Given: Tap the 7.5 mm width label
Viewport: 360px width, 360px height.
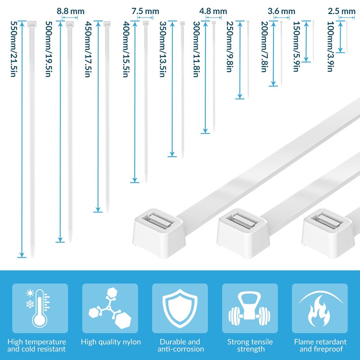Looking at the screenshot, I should pos(145,10).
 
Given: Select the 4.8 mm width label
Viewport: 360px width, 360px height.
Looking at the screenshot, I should pos(213,10).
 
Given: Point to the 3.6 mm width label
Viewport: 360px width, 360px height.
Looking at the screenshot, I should pos(281,10).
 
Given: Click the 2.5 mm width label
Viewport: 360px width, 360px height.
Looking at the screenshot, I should pos(342,10).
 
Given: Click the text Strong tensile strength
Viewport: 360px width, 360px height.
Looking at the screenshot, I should pos(250,346).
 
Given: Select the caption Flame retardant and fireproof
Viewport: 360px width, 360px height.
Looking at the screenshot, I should pos(320,346).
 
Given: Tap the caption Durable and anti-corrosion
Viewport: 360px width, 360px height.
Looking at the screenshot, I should pos(180,346).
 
